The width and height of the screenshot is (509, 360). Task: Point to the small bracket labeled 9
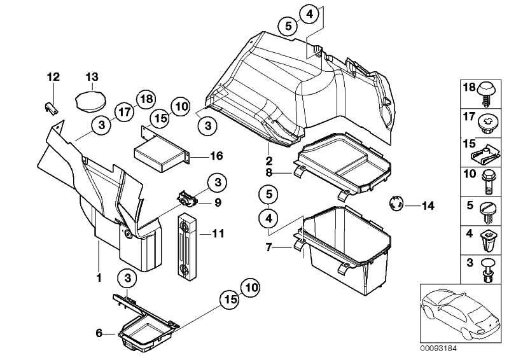coord(187,198)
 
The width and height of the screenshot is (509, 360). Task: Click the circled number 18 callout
coord(145,99)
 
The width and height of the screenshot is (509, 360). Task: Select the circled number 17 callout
coord(123,113)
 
